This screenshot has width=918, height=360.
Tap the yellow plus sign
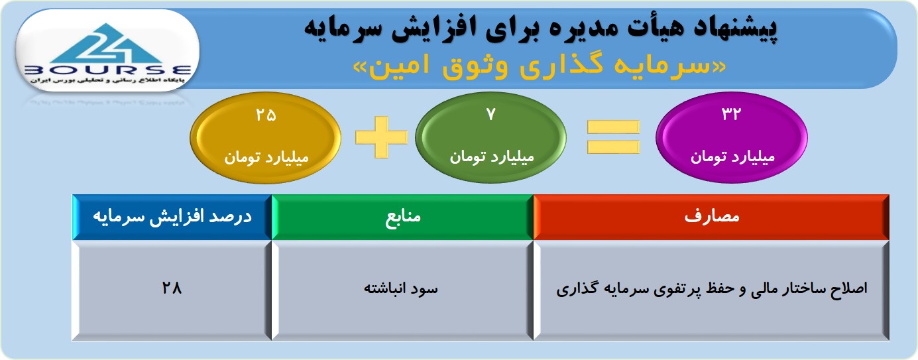click(382, 137)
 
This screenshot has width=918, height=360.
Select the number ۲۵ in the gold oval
click(266, 115)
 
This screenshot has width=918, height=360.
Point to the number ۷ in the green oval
click(491, 114)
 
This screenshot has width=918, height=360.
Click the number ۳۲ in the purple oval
click(731, 113)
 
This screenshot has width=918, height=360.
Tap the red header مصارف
click(711, 217)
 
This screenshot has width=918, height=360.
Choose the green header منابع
click(402, 217)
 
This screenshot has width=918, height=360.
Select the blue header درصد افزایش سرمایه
click(172, 217)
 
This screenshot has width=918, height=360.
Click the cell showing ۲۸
click(172, 290)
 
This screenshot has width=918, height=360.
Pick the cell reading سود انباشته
click(402, 290)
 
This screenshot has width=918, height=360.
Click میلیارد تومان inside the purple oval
click(732, 156)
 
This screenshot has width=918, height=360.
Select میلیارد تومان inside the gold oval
click(266, 157)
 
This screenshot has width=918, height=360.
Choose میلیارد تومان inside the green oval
click(492, 156)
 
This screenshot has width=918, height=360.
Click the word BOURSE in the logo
click(107, 70)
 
